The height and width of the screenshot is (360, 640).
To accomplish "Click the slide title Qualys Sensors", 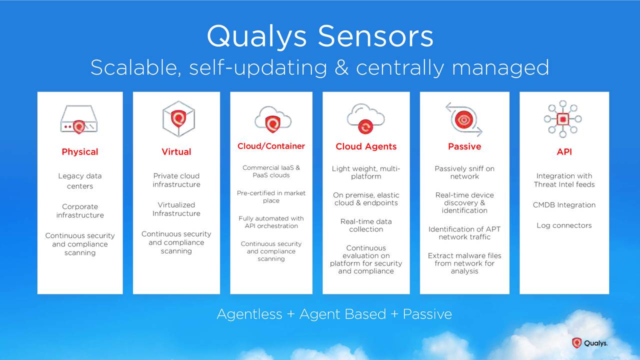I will coord(320,36).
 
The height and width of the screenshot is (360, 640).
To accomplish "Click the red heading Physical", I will coord(79,152).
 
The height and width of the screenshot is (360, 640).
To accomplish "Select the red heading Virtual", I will coord(176,152).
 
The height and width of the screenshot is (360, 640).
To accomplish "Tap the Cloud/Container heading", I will coord(271,146).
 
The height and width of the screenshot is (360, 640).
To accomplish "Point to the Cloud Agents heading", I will coord(366,146).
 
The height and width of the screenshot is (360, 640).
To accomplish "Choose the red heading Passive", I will coord(464,146).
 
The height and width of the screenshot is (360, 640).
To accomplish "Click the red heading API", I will coord(564,152).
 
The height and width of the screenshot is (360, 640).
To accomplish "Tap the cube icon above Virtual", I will coord(178,119).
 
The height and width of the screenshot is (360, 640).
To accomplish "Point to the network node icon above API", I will coord(563,119).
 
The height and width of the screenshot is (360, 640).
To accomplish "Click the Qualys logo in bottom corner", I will coord(590,343).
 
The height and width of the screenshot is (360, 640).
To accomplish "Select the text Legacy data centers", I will coord(79,181).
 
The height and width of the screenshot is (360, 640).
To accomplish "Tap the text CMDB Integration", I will coord(564,205).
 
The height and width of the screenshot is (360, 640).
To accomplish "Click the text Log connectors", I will coord(564,225).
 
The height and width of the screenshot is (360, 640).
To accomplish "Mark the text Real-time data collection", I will coord(366,225).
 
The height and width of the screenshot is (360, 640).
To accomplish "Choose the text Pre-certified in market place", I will coord(271,197).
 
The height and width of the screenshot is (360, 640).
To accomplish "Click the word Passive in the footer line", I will coord(427,314).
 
